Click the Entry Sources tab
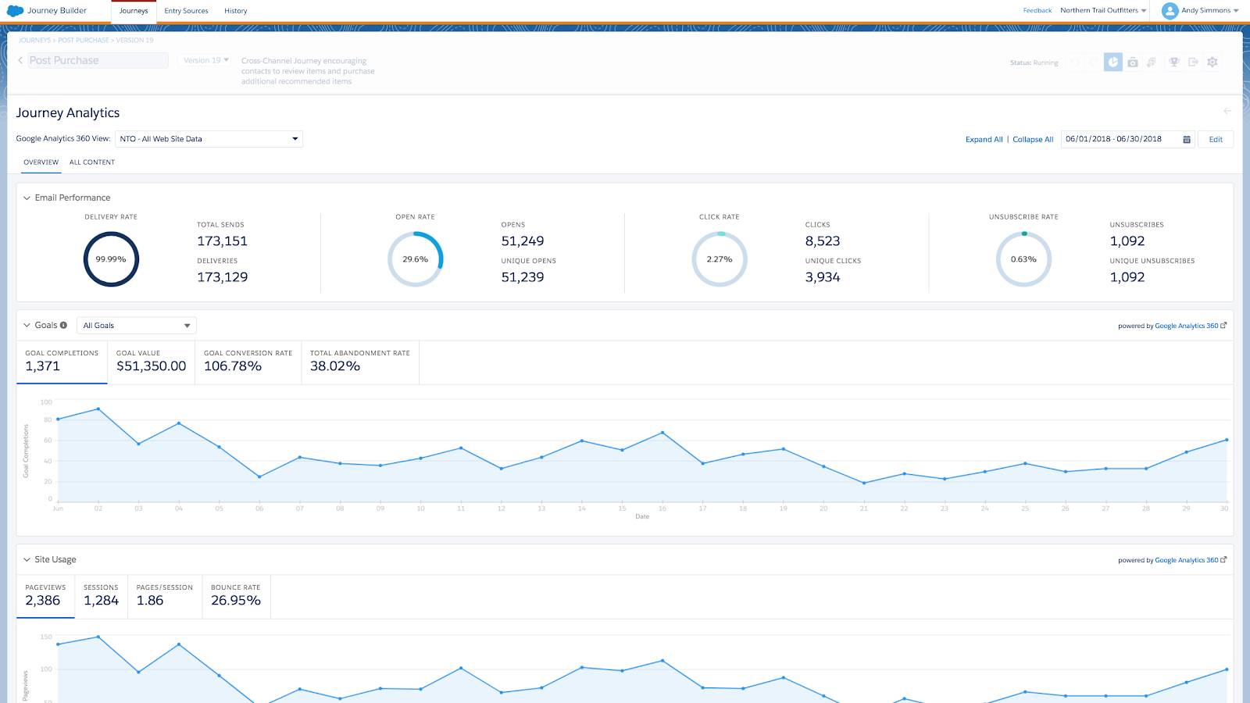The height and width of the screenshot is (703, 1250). click(x=186, y=11)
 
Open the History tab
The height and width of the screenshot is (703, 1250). click(x=235, y=11)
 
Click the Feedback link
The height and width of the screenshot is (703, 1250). click(x=1037, y=10)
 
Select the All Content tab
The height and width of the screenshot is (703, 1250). click(x=92, y=162)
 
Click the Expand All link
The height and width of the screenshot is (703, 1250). click(x=984, y=139)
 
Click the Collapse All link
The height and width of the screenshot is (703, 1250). click(x=1033, y=139)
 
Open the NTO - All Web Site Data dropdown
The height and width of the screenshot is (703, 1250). click(x=209, y=139)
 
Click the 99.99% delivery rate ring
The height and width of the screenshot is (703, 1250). click(x=111, y=259)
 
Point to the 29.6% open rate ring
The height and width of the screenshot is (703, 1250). click(x=415, y=259)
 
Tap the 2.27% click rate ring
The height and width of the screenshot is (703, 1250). click(x=720, y=259)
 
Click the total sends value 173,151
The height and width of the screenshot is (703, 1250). click(x=222, y=241)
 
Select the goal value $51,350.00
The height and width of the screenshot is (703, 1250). click(x=151, y=366)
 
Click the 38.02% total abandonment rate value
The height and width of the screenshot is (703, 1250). click(x=335, y=366)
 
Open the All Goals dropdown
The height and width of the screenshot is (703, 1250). click(x=137, y=326)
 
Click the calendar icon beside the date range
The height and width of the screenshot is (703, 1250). click(x=1186, y=139)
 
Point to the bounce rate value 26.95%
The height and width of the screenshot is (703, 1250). click(x=236, y=601)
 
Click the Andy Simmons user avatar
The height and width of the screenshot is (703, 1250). click(x=1170, y=11)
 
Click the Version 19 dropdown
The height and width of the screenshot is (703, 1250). click(x=206, y=60)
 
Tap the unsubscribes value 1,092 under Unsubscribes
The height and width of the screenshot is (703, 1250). click(x=1127, y=241)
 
